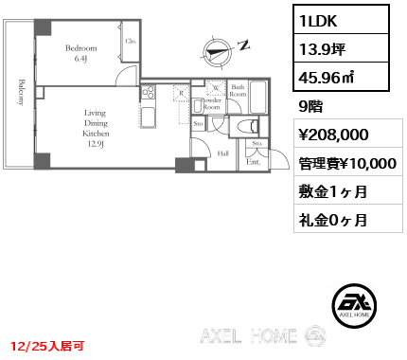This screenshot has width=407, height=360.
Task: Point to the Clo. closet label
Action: [x=131, y=43]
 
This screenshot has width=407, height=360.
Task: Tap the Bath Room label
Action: [x=238, y=92]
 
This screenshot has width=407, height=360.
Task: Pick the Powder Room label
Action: [x=213, y=105]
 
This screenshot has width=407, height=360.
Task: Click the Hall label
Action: [x=224, y=153]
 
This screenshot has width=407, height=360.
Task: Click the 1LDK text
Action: [x=316, y=20]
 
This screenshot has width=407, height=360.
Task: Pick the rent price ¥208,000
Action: [x=334, y=135]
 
